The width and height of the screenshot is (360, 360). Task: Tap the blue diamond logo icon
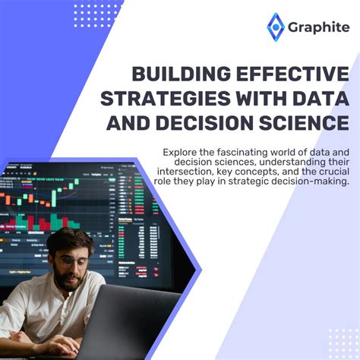coord(274,28)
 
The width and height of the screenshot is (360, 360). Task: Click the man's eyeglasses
coord(70,261)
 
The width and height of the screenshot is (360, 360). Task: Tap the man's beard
coord(70,279)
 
